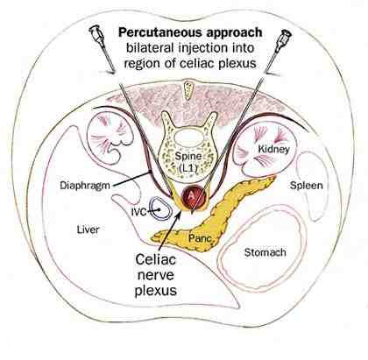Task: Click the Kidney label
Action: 273,149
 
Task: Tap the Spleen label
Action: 307,186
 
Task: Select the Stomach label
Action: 265,252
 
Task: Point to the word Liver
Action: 88,229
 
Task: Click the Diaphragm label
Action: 85,186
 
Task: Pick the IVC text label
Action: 138,212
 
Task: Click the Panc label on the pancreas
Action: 200,238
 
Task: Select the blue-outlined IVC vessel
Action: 160,208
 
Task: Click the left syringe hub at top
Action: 96,32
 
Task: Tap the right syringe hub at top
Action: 285,36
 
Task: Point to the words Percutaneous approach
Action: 190,32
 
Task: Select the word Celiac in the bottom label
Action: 156,259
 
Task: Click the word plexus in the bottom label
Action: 156,291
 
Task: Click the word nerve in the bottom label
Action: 155,275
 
